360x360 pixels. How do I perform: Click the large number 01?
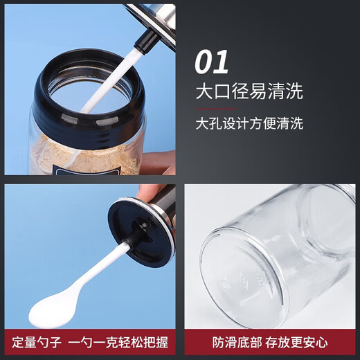[211, 62]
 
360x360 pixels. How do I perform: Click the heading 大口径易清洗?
[249, 92]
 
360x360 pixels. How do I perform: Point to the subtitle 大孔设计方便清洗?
[249, 124]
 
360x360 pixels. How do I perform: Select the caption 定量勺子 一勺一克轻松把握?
[91, 342]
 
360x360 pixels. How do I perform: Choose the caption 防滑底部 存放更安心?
[271, 342]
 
